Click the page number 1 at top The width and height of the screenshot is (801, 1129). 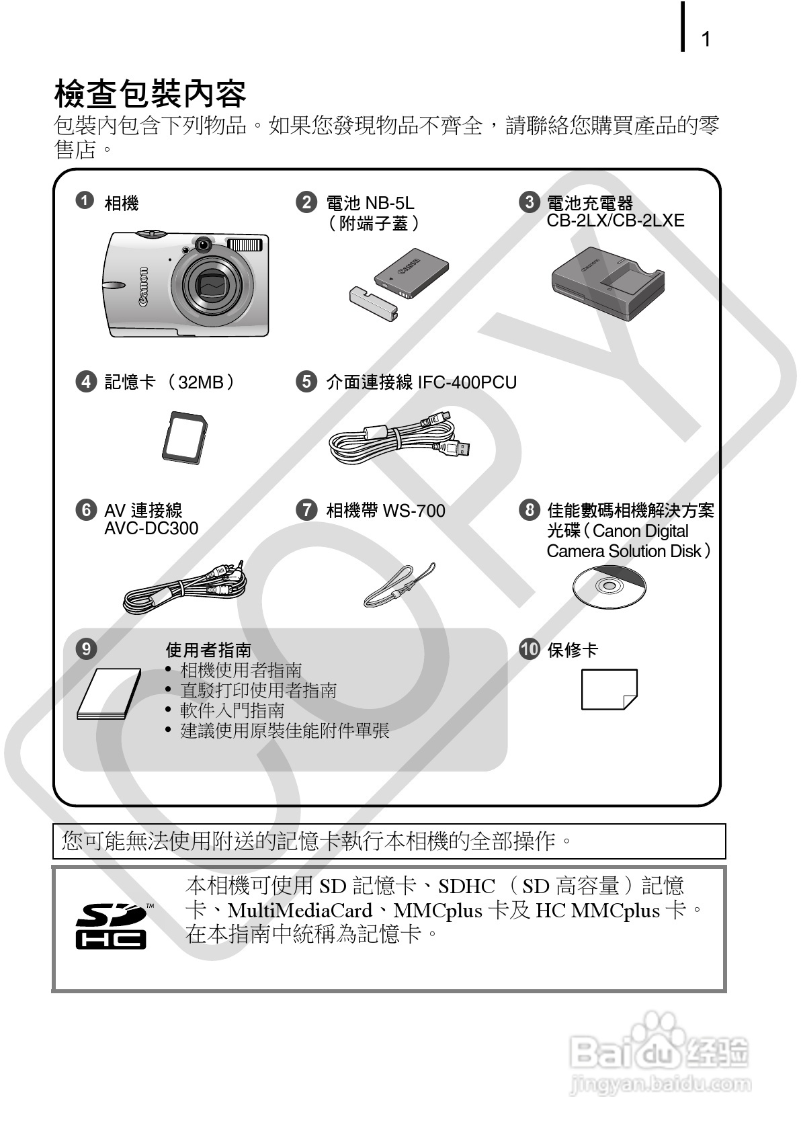click(x=706, y=39)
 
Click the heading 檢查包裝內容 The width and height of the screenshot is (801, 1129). click(x=150, y=93)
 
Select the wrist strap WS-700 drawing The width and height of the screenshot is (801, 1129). click(x=399, y=585)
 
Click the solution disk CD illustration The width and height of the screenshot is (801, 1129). click(x=609, y=586)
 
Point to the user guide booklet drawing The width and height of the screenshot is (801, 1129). click(x=110, y=694)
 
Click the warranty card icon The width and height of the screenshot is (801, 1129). click(x=609, y=689)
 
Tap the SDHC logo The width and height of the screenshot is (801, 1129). click(x=111, y=925)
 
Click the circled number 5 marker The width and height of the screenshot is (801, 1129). click(x=306, y=382)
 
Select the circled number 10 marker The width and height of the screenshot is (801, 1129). click(x=530, y=649)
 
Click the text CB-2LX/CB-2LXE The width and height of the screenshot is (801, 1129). click(x=615, y=221)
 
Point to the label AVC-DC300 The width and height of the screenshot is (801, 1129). click(x=151, y=529)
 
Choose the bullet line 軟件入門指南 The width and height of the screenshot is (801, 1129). click(x=232, y=710)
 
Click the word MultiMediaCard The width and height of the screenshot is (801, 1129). click(x=300, y=911)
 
